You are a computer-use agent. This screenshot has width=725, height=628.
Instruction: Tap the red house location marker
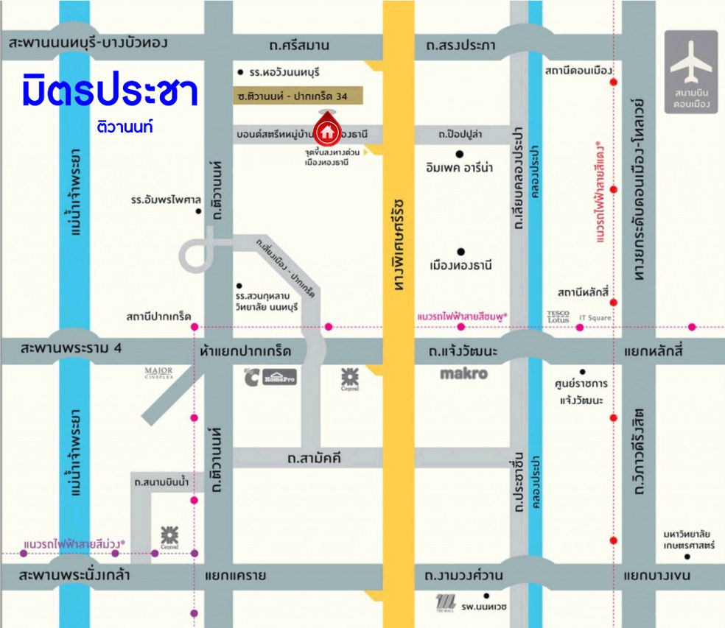(326, 130)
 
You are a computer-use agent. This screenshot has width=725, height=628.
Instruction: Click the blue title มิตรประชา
(110, 91)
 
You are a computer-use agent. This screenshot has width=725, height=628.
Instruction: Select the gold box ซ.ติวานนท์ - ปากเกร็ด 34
(298, 96)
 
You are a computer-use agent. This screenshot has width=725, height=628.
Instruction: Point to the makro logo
(463, 373)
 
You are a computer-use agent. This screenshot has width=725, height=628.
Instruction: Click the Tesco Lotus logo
(558, 316)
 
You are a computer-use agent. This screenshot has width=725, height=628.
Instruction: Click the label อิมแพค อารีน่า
(459, 168)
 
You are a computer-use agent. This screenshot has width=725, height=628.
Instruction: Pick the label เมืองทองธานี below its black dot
(460, 265)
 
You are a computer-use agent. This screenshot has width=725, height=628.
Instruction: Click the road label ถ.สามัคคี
(315, 459)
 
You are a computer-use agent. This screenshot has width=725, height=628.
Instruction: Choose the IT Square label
(595, 318)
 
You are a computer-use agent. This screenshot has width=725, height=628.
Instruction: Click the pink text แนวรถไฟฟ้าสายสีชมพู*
(462, 316)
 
